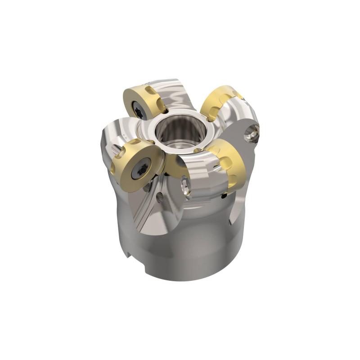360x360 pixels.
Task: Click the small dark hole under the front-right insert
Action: [x=223, y=197]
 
